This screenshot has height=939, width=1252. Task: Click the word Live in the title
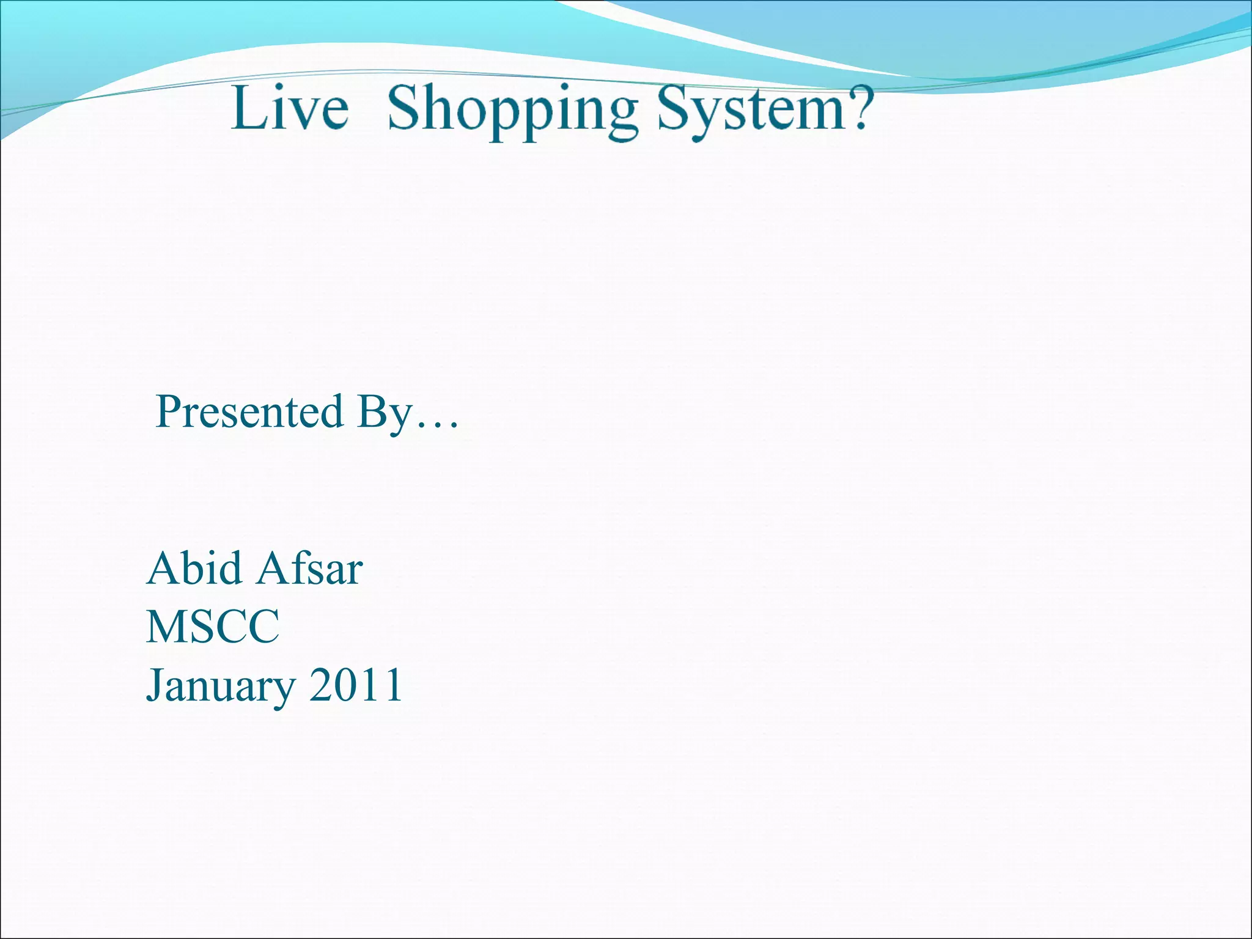click(x=289, y=108)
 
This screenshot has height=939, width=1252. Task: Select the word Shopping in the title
click(x=513, y=110)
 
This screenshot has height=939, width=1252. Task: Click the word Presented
click(x=249, y=411)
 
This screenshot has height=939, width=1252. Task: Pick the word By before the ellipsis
click(x=385, y=413)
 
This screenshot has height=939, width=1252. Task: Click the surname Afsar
click(x=310, y=569)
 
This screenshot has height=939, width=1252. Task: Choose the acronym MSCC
click(x=213, y=627)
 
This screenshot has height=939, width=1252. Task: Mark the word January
click(x=221, y=686)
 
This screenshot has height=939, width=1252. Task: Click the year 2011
click(x=356, y=685)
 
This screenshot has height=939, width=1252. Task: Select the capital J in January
click(x=154, y=685)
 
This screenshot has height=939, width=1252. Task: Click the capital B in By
click(x=372, y=411)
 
